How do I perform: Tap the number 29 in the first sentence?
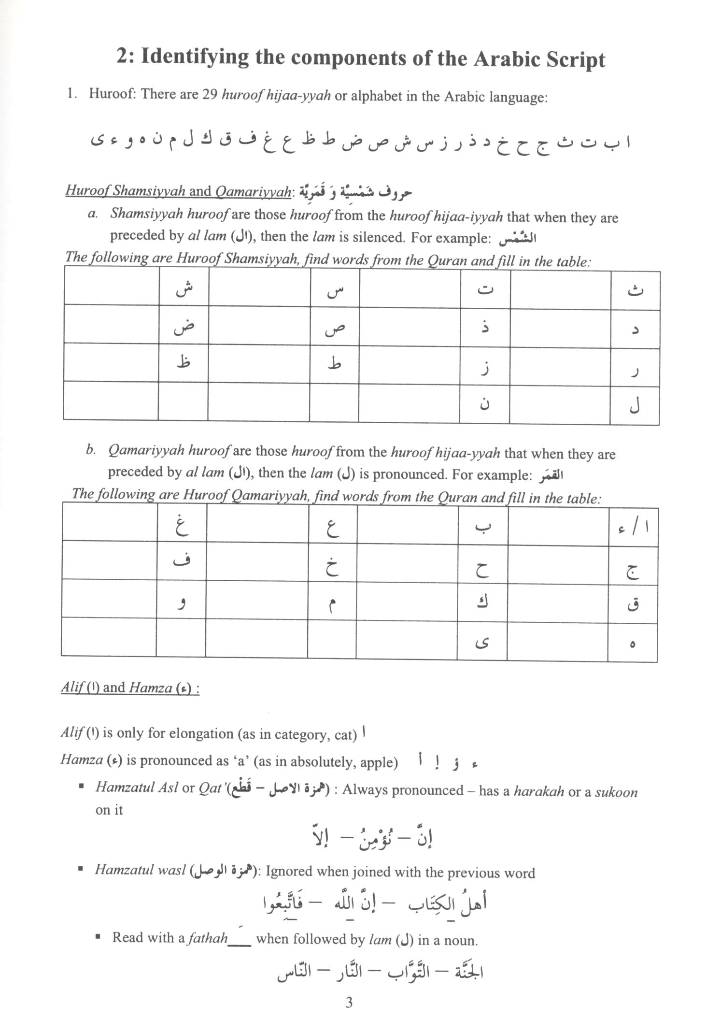tap(210, 94)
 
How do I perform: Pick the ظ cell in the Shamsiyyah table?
tap(184, 362)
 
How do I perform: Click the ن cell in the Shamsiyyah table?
tap(484, 404)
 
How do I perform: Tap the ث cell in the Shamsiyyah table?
tap(635, 290)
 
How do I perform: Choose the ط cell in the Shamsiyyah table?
tap(334, 364)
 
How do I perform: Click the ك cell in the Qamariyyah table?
tap(482, 602)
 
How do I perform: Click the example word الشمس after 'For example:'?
tap(518, 238)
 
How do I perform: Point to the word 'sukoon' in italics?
tap(616, 791)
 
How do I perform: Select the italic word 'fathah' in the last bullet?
tap(207, 938)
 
